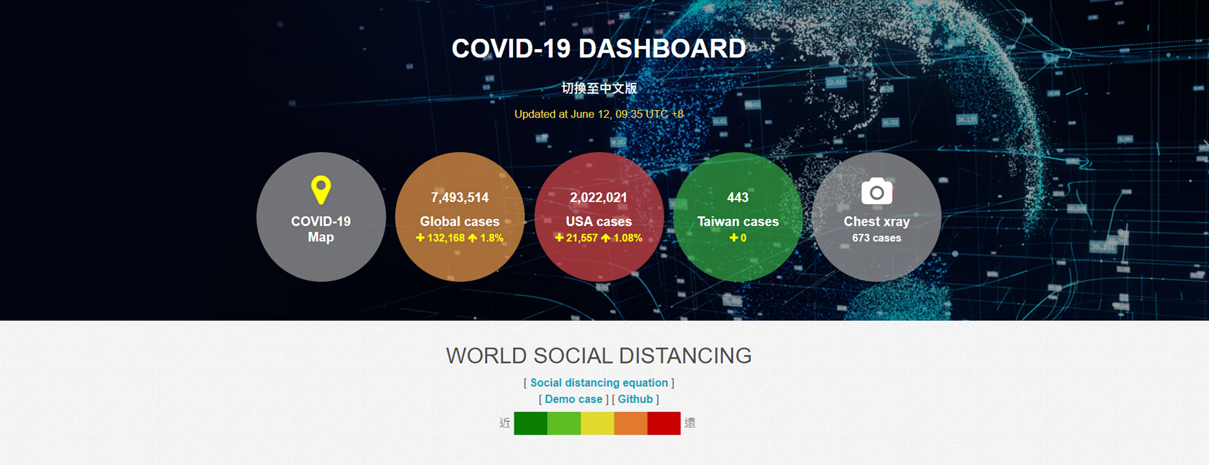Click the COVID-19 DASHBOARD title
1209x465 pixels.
[x=598, y=48]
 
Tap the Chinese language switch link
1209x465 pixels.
[x=599, y=88]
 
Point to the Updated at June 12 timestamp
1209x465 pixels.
[x=599, y=114]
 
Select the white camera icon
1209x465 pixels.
[x=877, y=191]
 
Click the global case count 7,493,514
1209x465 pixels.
[x=460, y=198]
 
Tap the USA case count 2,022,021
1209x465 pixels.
[x=598, y=198]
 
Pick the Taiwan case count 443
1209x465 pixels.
[x=738, y=198]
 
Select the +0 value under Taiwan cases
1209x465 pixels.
[x=738, y=238]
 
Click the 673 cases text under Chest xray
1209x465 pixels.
[x=877, y=238]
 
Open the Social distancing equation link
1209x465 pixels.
[x=599, y=382]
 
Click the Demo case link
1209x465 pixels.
[x=573, y=399]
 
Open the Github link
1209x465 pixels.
[x=635, y=399]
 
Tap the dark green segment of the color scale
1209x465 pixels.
[x=531, y=423]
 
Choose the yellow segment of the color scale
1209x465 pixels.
[x=597, y=423]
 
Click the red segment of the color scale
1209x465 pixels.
[x=664, y=423]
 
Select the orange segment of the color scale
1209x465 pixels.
[x=631, y=423]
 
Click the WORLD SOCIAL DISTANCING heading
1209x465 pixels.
[x=599, y=356]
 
